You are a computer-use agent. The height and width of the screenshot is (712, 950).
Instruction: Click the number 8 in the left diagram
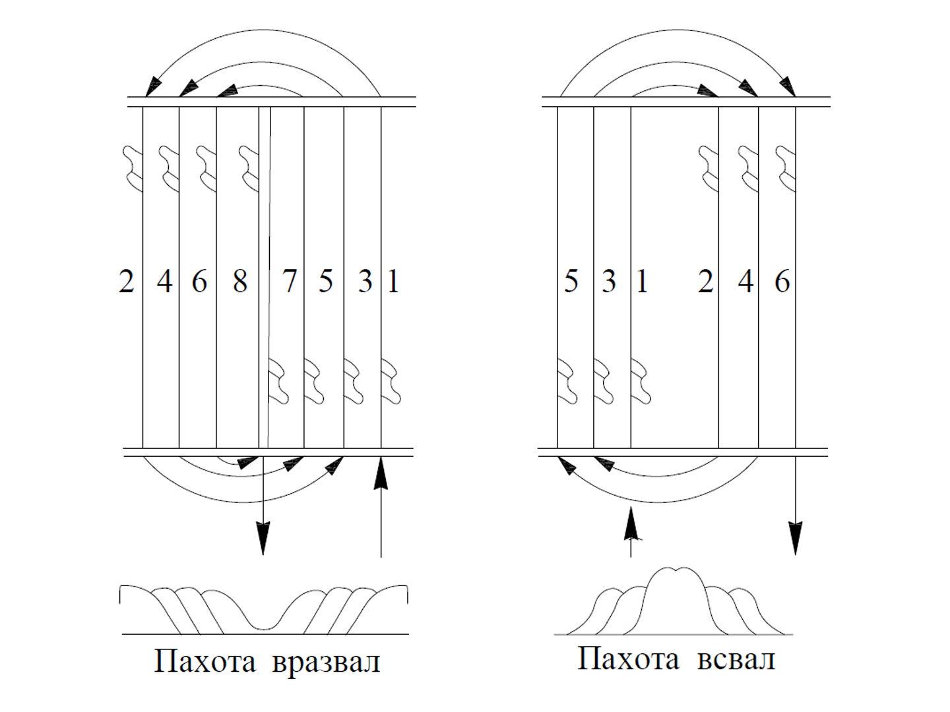click(240, 282)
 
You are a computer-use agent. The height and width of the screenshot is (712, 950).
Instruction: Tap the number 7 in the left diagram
click(290, 282)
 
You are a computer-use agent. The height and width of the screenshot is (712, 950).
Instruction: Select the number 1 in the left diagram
click(393, 282)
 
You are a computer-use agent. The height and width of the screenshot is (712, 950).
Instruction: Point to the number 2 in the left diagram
click(127, 282)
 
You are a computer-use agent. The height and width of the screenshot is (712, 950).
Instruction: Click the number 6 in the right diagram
click(782, 282)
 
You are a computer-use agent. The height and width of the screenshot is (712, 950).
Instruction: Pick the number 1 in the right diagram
click(642, 282)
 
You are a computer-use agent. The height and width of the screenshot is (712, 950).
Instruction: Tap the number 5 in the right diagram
click(571, 282)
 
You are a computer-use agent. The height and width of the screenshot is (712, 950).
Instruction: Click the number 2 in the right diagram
click(705, 282)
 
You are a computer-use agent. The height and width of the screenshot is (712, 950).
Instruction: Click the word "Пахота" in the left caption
click(205, 661)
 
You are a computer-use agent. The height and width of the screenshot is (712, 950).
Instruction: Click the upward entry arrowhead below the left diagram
click(381, 474)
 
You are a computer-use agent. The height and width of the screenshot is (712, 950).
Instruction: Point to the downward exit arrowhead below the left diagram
click(263, 538)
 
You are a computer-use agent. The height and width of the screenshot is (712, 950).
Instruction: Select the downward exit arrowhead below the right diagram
click(796, 538)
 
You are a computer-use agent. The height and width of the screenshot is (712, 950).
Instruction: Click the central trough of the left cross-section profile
click(264, 628)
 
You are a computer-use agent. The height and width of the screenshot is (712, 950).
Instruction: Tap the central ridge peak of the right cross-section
click(675, 570)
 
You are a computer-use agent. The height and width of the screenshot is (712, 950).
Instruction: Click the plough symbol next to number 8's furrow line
click(249, 169)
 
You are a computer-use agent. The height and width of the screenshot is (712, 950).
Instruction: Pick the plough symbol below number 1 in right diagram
click(641, 381)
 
